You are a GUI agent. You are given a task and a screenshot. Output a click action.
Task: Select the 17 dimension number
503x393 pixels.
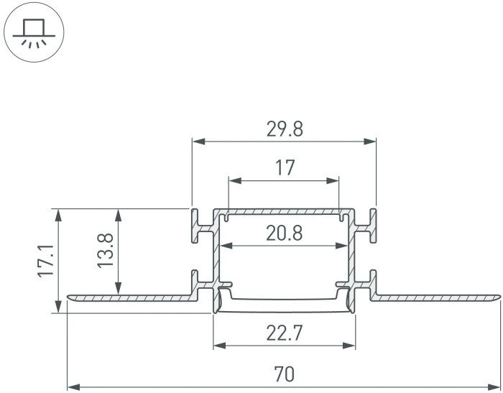click(285, 168)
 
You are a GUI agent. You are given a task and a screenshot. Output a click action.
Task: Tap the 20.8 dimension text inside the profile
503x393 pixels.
click(285, 233)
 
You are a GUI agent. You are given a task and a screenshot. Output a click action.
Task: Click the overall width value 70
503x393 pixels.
click(285, 374)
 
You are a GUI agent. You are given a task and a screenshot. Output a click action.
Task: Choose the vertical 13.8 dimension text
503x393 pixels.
click(106, 251)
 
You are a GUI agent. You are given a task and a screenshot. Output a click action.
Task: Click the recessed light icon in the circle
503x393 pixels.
click(34, 32)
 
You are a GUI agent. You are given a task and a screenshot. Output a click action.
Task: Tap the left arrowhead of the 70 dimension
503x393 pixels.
click(72, 386)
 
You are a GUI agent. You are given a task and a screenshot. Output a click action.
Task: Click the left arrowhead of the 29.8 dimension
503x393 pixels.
click(196, 141)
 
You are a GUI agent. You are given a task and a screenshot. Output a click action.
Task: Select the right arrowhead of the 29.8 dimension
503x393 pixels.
click(372, 141)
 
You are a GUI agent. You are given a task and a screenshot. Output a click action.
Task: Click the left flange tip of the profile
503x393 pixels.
click(70, 297)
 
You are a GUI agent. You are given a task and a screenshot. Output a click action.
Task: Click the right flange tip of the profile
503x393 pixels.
click(497, 297)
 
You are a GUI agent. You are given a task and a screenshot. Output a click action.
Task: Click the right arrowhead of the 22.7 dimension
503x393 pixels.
click(351, 346)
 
